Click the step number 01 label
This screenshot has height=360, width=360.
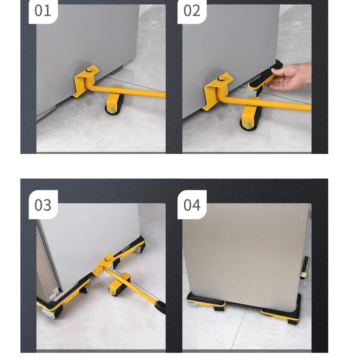[43, 11]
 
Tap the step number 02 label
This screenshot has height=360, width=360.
[192, 11]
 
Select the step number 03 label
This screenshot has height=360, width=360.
[43, 205]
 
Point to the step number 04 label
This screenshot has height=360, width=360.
[192, 205]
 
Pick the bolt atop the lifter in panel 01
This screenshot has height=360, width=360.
[89, 70]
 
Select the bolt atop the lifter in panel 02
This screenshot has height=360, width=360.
[221, 78]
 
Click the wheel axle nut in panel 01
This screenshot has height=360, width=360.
[111, 111]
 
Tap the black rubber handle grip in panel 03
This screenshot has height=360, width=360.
[160, 307]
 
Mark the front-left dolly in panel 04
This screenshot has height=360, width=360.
[206, 301]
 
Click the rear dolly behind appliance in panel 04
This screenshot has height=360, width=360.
[305, 268]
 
